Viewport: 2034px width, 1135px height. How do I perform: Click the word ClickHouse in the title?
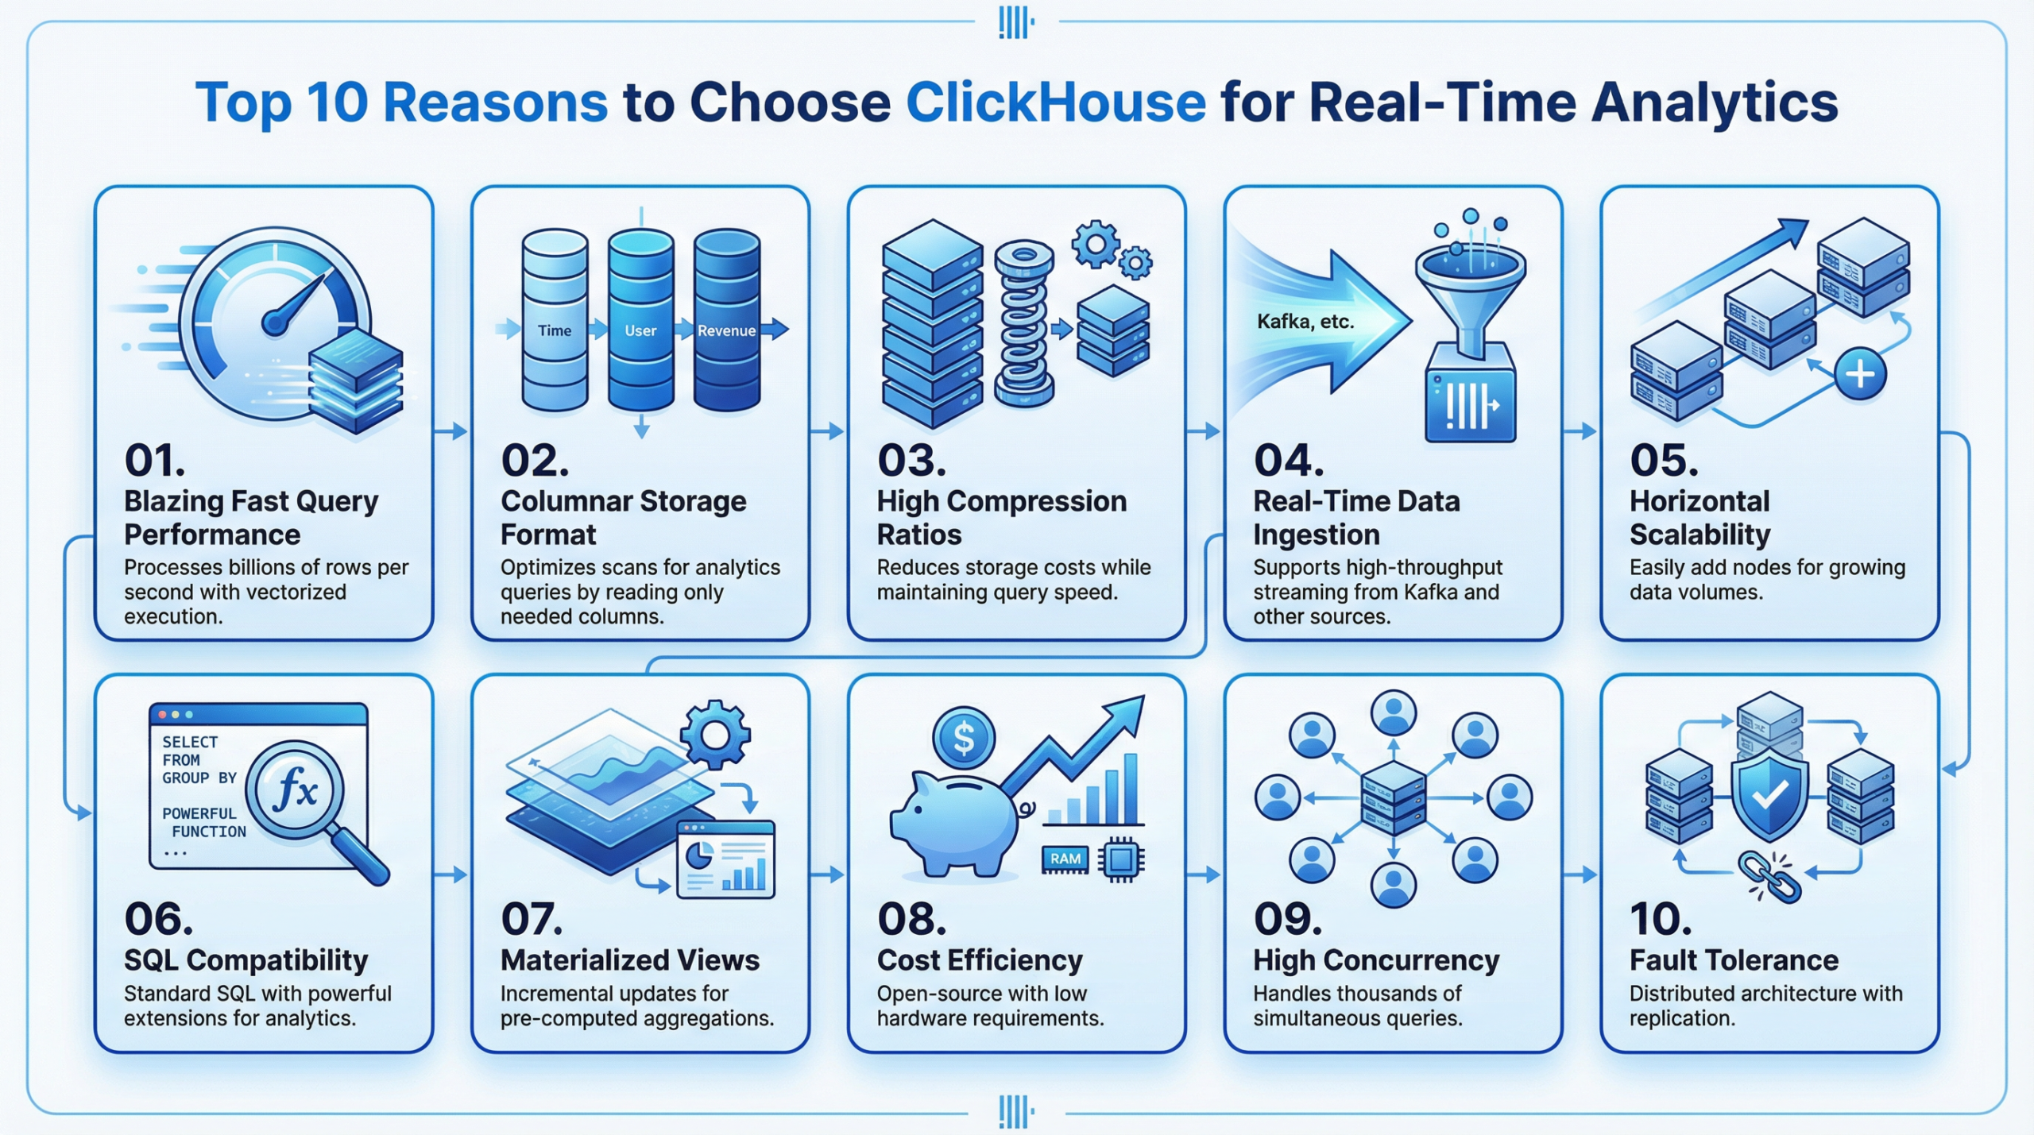point(1056,103)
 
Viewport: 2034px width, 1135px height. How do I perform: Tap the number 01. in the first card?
point(154,461)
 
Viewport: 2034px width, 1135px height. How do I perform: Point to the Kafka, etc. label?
point(1305,322)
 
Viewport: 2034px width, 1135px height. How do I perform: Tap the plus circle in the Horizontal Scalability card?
point(1860,373)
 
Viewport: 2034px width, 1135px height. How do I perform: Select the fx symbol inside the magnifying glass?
point(296,789)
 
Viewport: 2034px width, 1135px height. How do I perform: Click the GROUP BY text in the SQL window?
point(199,778)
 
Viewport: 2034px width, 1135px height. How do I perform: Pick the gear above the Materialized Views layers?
point(715,735)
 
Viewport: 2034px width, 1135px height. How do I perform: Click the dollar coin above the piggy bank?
point(964,737)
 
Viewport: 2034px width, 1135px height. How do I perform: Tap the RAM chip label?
point(1065,859)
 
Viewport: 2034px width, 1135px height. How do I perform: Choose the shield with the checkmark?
point(1769,794)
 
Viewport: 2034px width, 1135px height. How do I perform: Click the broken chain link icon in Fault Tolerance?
point(1769,877)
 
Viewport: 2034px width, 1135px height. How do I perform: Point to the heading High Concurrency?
point(1376,960)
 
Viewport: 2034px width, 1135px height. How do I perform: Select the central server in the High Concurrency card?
point(1393,797)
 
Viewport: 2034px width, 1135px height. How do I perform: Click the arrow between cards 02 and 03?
point(827,431)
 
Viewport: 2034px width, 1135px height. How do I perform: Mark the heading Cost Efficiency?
point(980,960)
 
